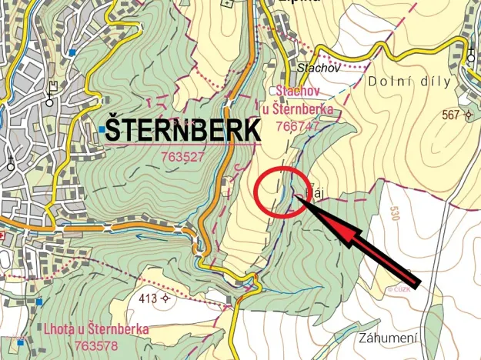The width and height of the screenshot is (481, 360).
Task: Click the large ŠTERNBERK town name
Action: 182,129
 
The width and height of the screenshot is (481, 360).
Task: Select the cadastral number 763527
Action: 182,156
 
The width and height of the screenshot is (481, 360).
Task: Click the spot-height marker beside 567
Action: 468,115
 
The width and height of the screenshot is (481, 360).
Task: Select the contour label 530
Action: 396,212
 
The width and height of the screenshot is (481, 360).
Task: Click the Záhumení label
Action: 389,338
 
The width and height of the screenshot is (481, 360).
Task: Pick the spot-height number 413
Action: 149,298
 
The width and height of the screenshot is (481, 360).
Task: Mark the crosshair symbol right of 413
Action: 165,298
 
